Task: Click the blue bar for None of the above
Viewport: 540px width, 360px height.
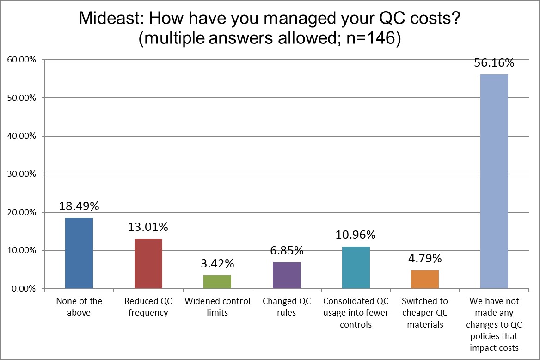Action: point(79,253)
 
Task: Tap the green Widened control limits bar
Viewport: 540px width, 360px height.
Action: point(217,282)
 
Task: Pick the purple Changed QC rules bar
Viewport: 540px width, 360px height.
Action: point(287,275)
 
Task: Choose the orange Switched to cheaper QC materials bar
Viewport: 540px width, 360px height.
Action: point(425,279)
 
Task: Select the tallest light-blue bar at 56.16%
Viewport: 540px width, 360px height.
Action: point(494,181)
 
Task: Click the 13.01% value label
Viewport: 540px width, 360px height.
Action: point(148,227)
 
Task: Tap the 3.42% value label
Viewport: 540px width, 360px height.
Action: point(217,264)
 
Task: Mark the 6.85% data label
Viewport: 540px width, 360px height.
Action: point(287,251)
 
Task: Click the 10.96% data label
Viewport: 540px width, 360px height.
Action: point(356,235)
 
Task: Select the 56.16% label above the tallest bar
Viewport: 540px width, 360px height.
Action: point(494,63)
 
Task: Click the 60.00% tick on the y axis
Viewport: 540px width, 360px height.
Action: point(21,60)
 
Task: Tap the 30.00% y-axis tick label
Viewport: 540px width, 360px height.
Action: point(21,174)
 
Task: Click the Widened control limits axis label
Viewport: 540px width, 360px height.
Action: point(217,307)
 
